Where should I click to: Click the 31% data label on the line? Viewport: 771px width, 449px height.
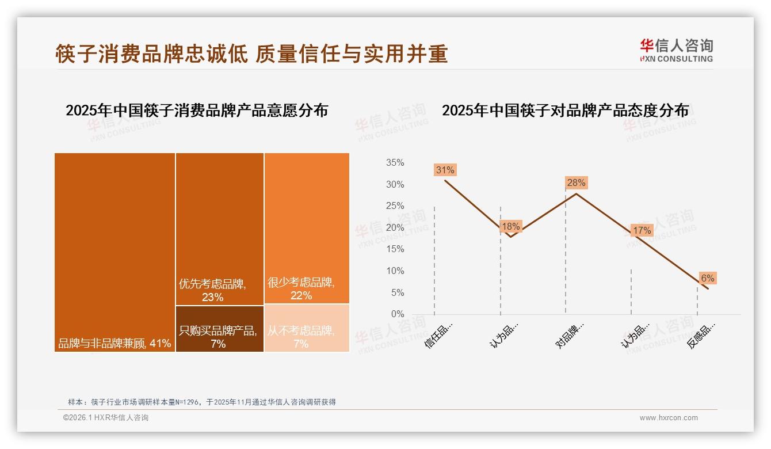click(445, 170)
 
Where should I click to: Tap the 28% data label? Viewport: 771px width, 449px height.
click(576, 183)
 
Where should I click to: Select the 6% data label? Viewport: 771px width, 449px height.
click(707, 279)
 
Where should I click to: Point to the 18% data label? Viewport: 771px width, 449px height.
click(510, 226)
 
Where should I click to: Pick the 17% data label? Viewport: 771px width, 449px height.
click(642, 230)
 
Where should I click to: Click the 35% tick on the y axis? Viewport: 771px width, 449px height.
click(395, 163)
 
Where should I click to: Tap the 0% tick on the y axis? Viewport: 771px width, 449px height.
click(398, 314)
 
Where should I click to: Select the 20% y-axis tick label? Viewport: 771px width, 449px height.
click(395, 227)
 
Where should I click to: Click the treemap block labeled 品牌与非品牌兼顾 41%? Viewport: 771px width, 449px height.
click(115, 252)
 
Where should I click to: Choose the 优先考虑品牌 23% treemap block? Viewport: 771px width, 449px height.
click(220, 229)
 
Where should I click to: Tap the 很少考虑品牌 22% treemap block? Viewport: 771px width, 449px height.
click(307, 228)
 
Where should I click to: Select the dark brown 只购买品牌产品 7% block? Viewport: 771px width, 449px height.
click(220, 329)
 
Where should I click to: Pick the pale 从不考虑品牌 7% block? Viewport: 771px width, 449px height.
click(307, 328)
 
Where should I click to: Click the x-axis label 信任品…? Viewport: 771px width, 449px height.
click(440, 334)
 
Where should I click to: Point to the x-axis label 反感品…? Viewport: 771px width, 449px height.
click(702, 334)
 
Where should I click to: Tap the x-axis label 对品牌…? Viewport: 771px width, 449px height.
click(571, 334)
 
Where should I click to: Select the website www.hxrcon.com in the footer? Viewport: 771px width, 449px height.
click(669, 418)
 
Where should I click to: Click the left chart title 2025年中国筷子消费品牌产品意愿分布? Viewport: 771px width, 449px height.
click(197, 111)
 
